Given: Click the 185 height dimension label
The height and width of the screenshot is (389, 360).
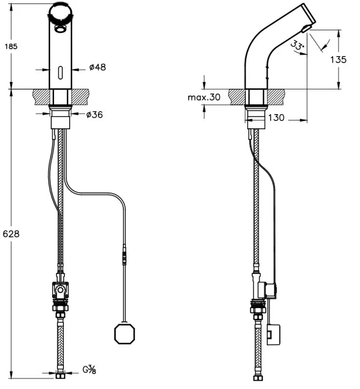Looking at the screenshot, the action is (x=11, y=46).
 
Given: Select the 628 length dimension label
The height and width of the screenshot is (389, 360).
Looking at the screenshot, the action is (x=11, y=233).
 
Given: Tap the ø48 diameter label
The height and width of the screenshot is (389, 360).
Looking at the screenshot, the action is (x=98, y=67).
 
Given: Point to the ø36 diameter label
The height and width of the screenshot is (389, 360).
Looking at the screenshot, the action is (x=94, y=115).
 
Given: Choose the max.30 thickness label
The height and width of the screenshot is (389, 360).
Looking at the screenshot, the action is (x=204, y=97).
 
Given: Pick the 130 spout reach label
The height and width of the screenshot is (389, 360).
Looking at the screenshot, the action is (x=276, y=117).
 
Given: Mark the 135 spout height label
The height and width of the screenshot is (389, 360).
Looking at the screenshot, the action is (x=338, y=59).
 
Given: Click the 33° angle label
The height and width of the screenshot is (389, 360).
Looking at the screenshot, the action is (x=298, y=46).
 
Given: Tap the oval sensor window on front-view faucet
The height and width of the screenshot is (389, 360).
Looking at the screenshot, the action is (x=60, y=73).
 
